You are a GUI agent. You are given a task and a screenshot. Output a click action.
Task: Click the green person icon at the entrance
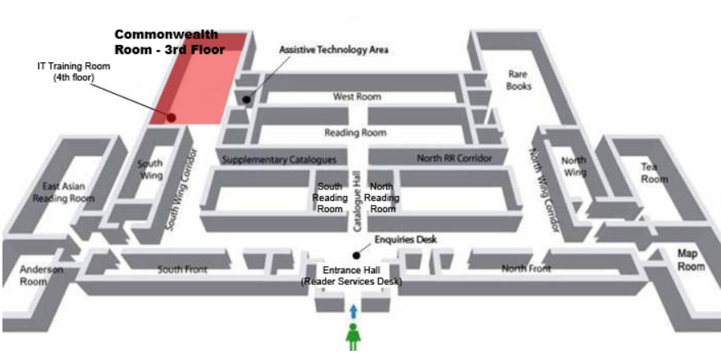[354, 336]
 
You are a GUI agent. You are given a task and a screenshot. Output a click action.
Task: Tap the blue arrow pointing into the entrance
[354, 311]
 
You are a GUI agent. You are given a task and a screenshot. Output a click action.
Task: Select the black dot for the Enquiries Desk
[356, 255]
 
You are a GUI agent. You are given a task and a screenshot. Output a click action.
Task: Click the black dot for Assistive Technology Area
[245, 100]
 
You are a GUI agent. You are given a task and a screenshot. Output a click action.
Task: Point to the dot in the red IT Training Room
[171, 118]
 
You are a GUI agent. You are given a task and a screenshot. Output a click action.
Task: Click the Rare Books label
[518, 79]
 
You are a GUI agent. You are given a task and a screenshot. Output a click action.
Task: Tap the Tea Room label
[654, 172]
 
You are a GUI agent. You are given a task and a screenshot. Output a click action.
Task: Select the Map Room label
[691, 260]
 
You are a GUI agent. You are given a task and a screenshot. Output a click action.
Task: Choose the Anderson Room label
[37, 276]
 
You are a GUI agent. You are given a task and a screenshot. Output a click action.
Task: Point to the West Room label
[357, 97]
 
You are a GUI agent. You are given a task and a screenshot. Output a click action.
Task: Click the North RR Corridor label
[455, 158]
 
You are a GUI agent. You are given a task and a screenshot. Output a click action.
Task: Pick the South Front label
[180, 269]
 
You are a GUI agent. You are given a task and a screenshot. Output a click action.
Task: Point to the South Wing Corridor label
[171, 190]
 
